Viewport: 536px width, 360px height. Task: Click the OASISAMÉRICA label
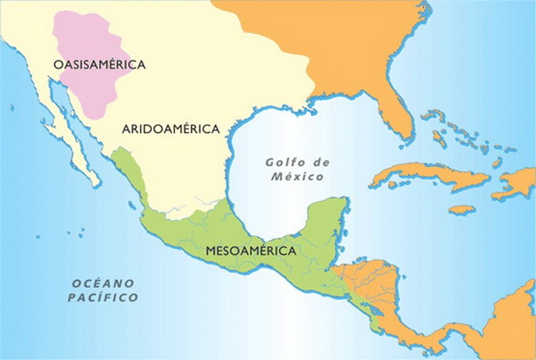click(99, 65)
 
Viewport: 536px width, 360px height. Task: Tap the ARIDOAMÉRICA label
click(171, 130)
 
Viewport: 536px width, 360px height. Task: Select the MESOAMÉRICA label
click(251, 251)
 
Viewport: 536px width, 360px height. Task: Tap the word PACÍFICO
click(103, 297)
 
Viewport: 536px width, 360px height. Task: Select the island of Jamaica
click(462, 210)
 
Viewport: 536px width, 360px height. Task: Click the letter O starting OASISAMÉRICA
click(58, 65)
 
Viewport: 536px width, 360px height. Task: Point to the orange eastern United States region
click(346, 43)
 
